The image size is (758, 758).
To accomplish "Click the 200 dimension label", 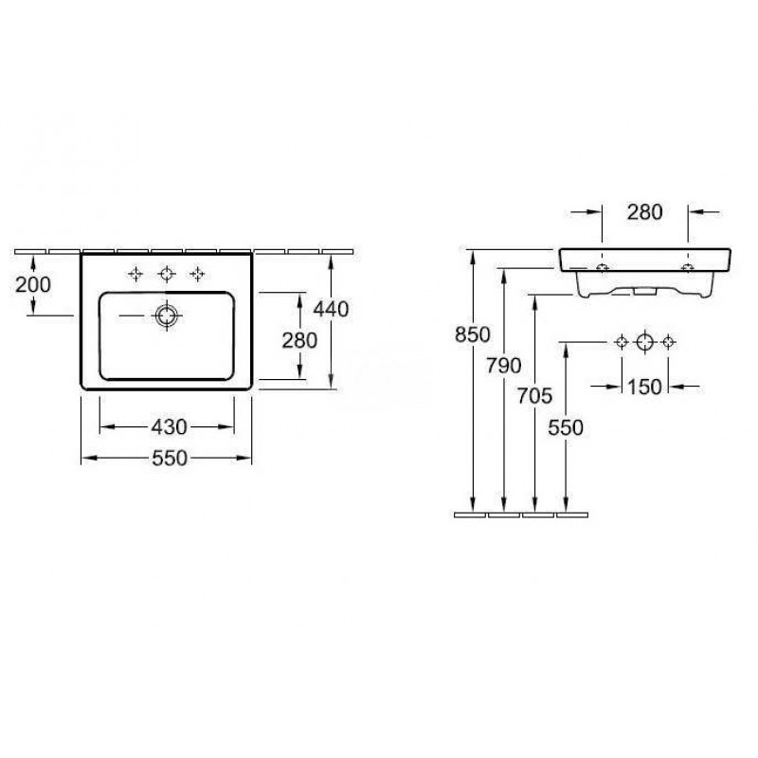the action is [33, 285].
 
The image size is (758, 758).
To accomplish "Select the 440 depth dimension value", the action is [331, 310].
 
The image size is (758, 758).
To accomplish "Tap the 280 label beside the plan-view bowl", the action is [299, 340].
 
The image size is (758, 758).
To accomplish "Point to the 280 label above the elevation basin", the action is [645, 212].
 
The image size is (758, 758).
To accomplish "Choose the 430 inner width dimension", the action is [170, 427].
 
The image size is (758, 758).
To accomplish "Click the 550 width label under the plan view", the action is [170, 458].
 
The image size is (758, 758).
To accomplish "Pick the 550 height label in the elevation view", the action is [566, 427].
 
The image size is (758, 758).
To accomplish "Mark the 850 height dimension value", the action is [472, 334].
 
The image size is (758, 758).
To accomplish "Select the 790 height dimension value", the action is [504, 366].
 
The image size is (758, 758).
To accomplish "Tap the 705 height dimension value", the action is [534, 396].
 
